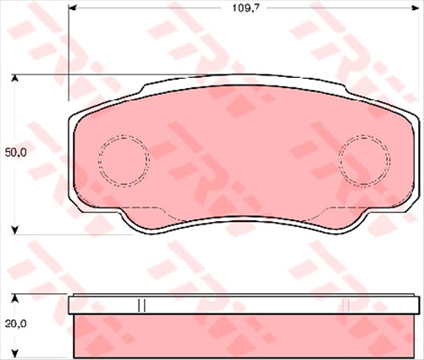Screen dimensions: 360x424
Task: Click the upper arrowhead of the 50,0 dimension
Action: pos(16,80)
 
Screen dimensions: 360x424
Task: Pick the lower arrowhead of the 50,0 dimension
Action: pos(16,229)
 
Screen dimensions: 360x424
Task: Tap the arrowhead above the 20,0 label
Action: pos(16,298)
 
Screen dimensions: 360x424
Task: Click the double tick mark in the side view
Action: pos(142,303)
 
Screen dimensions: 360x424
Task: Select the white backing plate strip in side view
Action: pos(245,303)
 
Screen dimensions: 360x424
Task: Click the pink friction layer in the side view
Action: pos(245,335)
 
